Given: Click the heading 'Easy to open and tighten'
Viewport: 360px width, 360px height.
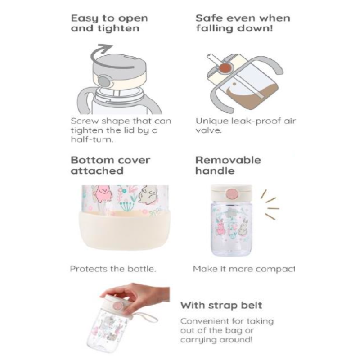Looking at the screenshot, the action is click(109, 23).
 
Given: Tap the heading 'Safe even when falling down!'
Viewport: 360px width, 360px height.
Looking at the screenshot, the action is click(243, 23).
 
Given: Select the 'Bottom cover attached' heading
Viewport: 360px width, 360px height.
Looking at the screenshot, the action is click(110, 166).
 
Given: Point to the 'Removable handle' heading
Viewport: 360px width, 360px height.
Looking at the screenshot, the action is click(228, 166).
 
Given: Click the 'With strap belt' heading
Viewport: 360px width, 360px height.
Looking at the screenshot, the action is click(221, 305).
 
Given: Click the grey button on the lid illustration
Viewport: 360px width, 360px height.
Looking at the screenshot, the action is click(103, 81).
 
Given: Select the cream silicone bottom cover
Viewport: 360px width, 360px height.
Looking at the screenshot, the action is click(125, 230).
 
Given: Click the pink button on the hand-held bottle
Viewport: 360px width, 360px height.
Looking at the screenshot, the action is click(118, 306).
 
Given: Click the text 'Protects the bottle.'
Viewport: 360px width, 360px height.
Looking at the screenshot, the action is click(113, 269).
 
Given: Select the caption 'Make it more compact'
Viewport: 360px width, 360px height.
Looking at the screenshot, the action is click(244, 269).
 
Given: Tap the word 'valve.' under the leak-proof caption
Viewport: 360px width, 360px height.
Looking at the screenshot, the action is click(209, 130).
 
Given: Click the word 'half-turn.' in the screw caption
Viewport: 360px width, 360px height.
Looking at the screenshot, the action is click(92, 139).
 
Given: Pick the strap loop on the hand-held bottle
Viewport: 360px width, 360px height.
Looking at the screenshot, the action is click(144, 317).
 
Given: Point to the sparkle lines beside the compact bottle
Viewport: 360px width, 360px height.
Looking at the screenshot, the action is click(270, 204).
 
